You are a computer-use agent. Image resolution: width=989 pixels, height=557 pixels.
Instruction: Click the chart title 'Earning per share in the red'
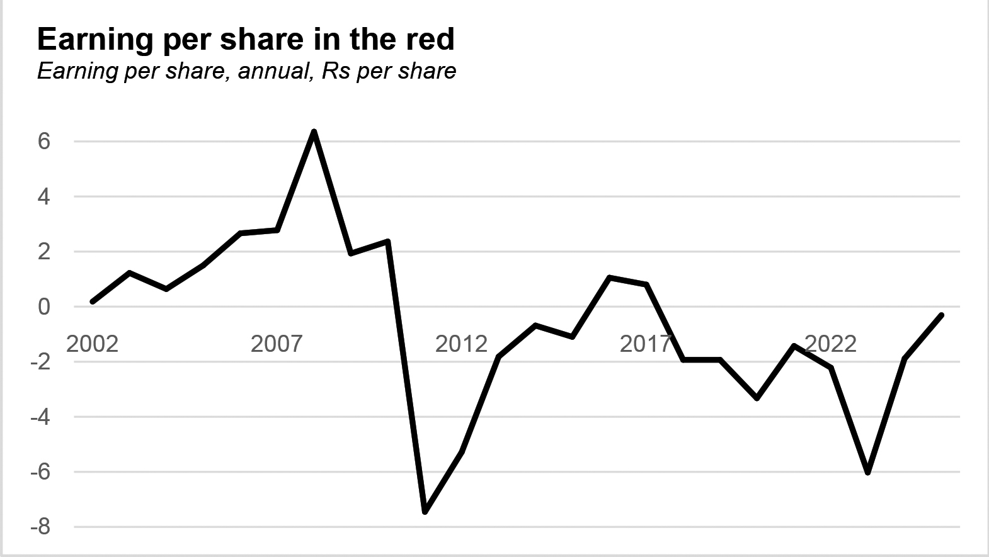click(x=246, y=39)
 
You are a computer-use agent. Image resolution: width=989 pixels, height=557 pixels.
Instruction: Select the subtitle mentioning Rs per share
click(x=246, y=71)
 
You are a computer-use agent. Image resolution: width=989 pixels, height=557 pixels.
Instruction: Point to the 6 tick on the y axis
click(x=43, y=141)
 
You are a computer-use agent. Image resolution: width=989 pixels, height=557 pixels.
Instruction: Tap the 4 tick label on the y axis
click(x=43, y=196)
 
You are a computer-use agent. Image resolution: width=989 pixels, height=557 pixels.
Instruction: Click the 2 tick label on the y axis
click(x=43, y=252)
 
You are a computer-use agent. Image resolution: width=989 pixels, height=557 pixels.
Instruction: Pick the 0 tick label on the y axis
click(x=43, y=307)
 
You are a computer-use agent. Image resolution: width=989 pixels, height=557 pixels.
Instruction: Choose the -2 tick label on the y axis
click(x=40, y=362)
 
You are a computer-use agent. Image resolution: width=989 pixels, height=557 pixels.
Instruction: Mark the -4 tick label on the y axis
click(x=40, y=417)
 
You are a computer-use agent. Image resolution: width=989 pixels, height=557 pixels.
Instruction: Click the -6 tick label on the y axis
click(x=40, y=472)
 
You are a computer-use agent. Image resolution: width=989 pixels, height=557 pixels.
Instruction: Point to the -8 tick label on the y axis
click(x=40, y=527)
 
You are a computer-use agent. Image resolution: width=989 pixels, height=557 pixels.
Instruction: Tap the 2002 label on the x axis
click(x=92, y=344)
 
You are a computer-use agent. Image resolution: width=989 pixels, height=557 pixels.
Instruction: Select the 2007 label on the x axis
click(x=277, y=344)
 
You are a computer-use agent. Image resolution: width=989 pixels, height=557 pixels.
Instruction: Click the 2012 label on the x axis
click(x=461, y=344)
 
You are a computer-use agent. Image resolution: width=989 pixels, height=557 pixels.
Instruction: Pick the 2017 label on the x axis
click(x=646, y=344)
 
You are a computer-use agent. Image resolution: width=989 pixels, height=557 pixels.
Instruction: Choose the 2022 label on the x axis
click(x=830, y=344)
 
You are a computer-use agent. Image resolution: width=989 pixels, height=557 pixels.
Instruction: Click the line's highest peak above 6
click(x=314, y=132)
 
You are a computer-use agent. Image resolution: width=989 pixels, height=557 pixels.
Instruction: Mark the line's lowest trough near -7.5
click(x=425, y=512)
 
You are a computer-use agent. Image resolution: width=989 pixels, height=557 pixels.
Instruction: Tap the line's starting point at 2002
click(x=93, y=302)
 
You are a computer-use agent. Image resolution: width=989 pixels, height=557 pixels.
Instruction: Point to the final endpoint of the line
click(x=941, y=315)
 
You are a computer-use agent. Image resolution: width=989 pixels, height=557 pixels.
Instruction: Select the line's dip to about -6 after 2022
click(x=867, y=472)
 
